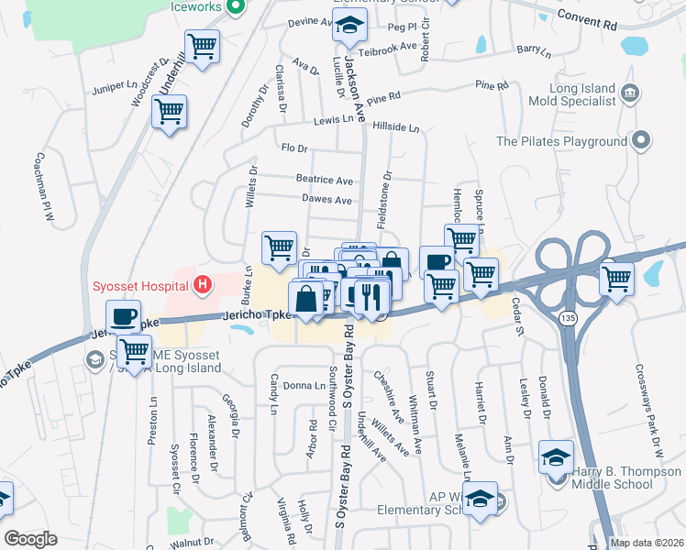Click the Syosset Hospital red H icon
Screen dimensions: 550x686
click(203, 286)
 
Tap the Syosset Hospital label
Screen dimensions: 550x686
click(139, 286)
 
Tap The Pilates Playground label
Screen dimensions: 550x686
click(561, 141)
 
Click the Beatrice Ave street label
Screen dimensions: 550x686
click(324, 181)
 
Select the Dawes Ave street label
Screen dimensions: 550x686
click(326, 200)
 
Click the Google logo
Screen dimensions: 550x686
click(30, 538)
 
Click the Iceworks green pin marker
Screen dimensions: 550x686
click(235, 6)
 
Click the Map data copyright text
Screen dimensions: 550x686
click(647, 543)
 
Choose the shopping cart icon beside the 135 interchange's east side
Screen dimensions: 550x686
click(617, 277)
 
